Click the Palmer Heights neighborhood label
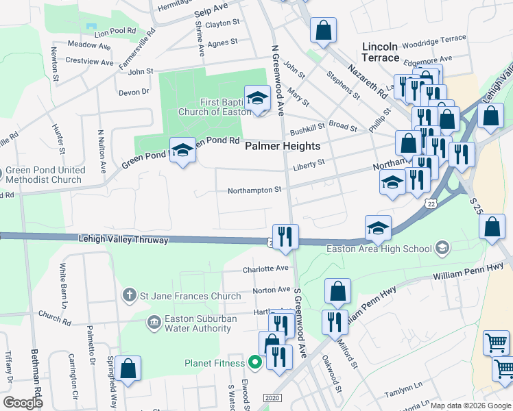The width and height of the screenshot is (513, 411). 283,146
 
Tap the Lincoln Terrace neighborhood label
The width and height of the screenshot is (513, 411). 380,52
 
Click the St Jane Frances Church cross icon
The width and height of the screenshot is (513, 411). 128,296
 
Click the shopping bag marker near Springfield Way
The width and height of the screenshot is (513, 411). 128,368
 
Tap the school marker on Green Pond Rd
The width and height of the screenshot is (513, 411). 182,151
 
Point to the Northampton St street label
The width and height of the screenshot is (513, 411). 254,190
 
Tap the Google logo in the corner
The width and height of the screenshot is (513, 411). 23,403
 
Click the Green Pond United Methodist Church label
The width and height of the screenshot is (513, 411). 47,175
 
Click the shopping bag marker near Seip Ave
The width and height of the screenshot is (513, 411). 323,30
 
